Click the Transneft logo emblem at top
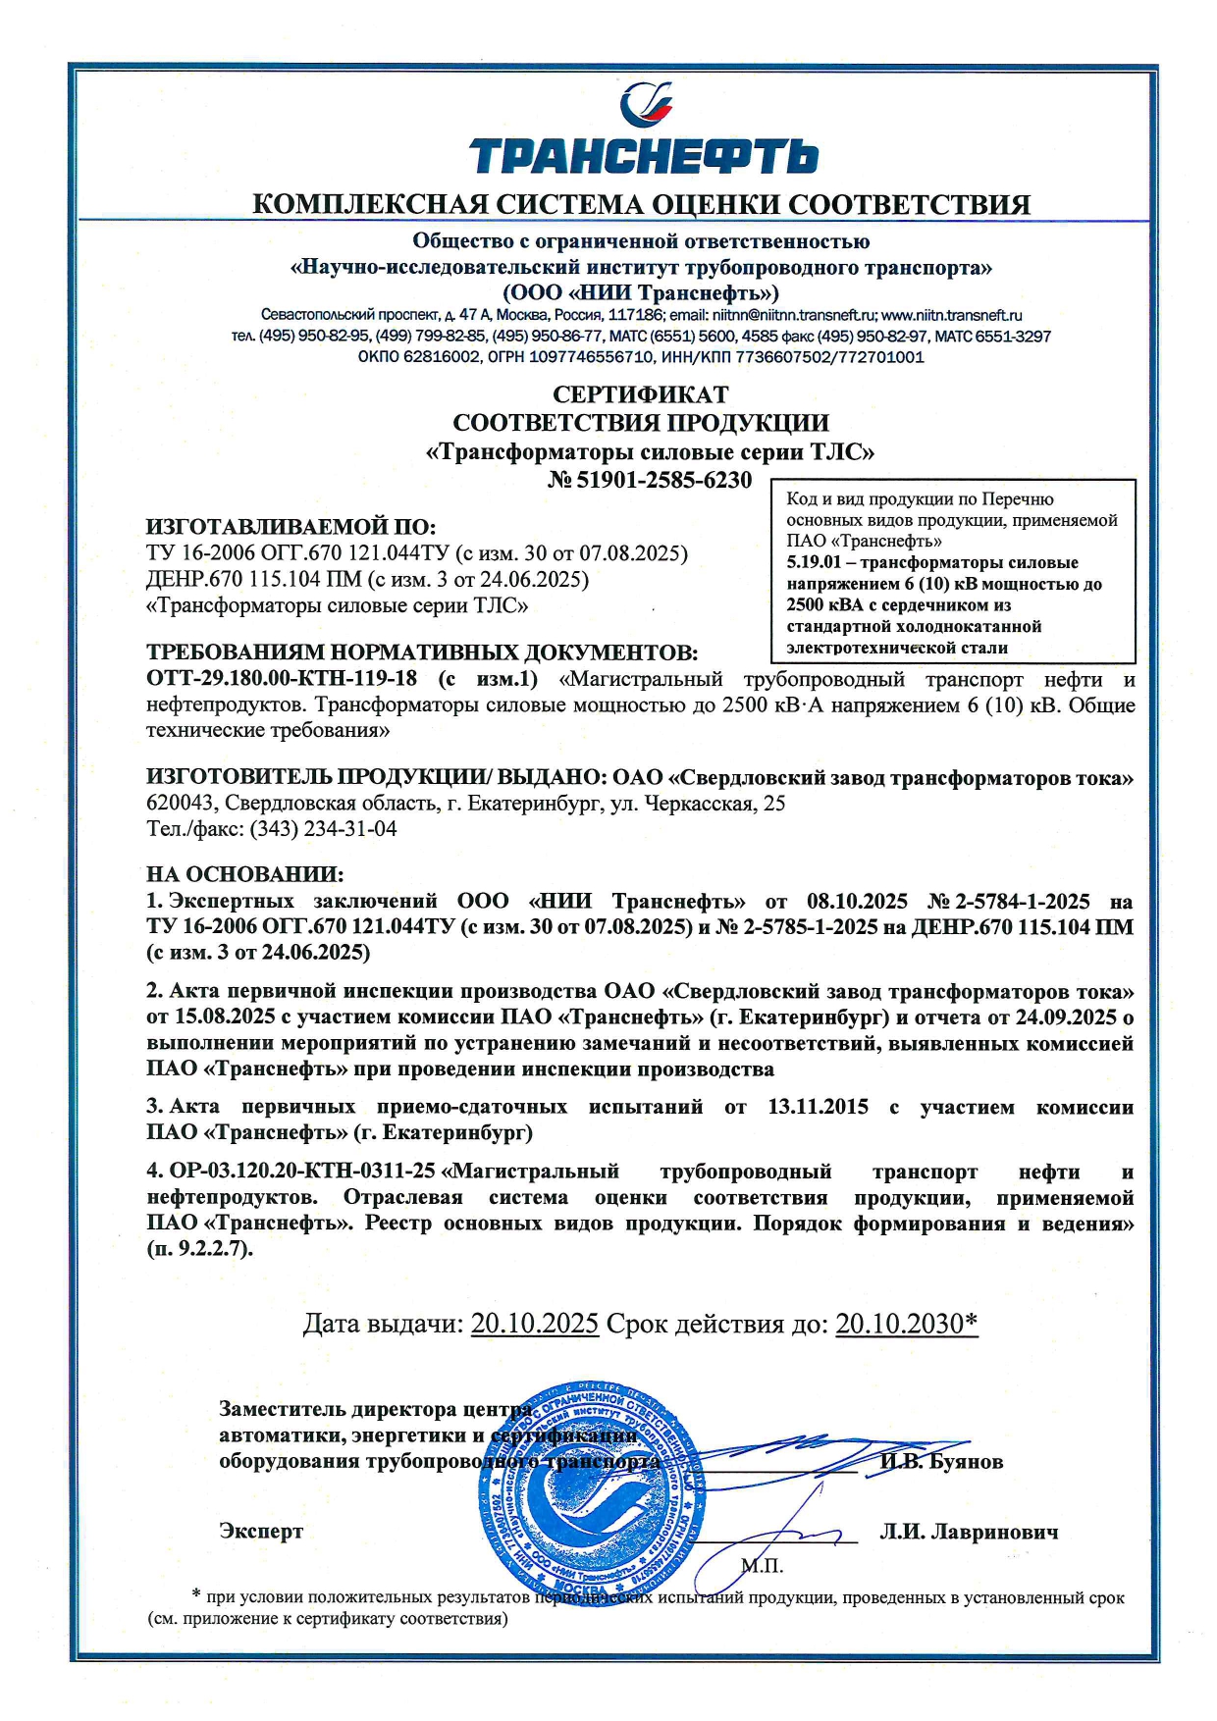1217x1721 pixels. [645, 104]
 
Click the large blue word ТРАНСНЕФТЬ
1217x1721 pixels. [644, 156]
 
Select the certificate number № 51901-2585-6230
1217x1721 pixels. [649, 480]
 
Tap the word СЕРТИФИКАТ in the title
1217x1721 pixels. [640, 394]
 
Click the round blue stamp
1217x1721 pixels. [594, 1488]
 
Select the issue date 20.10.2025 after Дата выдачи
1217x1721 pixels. [535, 1324]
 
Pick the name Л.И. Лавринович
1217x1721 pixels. [969, 1532]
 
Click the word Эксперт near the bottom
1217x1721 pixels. [261, 1532]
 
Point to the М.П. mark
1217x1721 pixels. [763, 1566]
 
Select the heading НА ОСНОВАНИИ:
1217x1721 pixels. [245, 874]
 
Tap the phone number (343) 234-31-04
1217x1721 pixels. [324, 829]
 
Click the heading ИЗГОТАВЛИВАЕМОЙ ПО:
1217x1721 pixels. [291, 527]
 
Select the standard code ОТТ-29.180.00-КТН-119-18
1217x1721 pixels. [282, 679]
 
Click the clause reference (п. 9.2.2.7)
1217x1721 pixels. [199, 1249]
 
